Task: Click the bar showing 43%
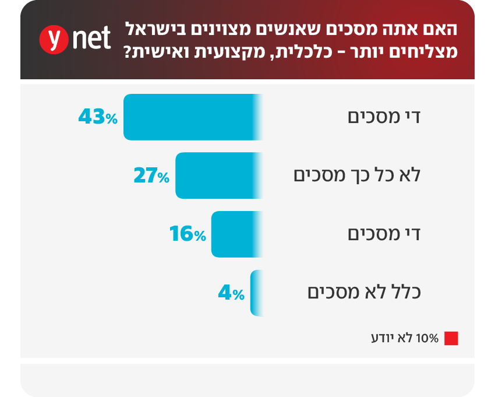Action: pos(193,117)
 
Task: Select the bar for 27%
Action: pos(218,175)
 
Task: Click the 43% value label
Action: pos(98,118)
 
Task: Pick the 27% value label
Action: pos(151,176)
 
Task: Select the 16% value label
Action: pos(188,234)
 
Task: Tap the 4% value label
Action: pos(231,293)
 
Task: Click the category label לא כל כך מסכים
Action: pos(356,175)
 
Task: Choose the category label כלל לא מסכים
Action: pos(364,292)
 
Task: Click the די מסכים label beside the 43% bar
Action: pos(384,117)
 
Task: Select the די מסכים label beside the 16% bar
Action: pos(384,234)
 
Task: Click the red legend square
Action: pos(451,339)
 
